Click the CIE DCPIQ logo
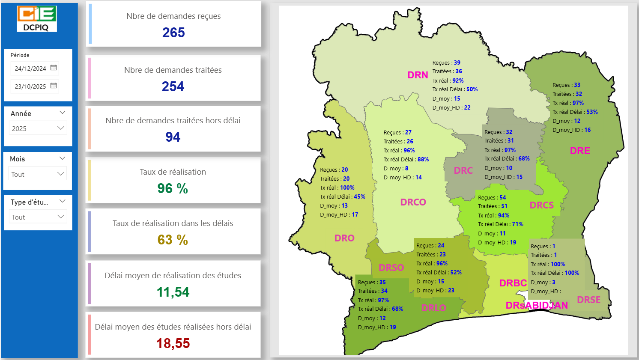[x=37, y=18]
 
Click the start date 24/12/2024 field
[x=30, y=68]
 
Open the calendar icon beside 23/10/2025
[x=54, y=86]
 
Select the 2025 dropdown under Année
[x=38, y=128]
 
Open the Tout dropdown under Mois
[x=38, y=174]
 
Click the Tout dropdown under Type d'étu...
[x=38, y=217]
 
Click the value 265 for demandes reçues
[x=173, y=33]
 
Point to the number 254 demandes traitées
[x=173, y=86]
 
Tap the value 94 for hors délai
[x=173, y=137]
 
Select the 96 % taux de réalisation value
[x=173, y=188]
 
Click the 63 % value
[x=173, y=240]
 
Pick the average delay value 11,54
[x=173, y=292]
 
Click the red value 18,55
[x=173, y=343]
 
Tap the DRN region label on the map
[x=418, y=75]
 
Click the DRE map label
[x=580, y=151]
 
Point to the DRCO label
[x=413, y=202]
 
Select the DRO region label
[x=344, y=238]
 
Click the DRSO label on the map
[x=391, y=268]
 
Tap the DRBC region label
[x=513, y=283]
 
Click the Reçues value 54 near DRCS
[x=503, y=197]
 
